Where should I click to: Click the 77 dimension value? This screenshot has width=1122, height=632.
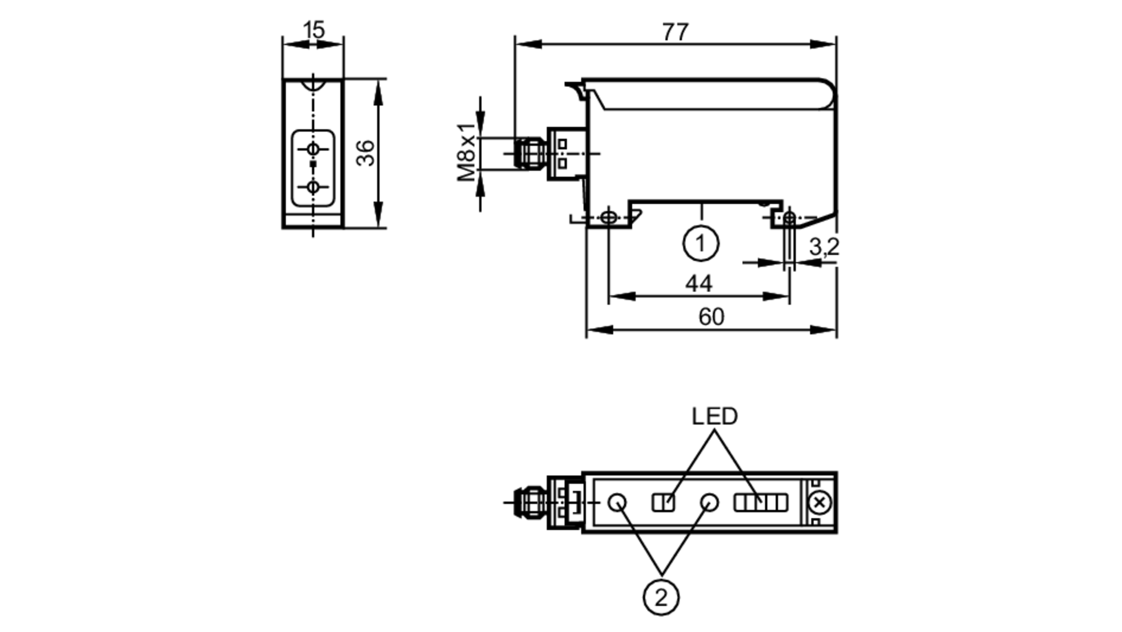675,33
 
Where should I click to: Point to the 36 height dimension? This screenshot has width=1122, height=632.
366,153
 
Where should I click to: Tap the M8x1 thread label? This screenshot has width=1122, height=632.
467,153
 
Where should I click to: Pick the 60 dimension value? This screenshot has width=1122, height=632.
711,317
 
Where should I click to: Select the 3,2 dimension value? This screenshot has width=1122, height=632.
823,247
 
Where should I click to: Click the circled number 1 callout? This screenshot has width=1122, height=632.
700,243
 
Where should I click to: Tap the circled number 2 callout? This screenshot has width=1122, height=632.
661,598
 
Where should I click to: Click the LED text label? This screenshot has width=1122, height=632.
714,417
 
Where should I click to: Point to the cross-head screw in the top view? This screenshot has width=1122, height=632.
819,503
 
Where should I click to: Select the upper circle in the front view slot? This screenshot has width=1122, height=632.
313,149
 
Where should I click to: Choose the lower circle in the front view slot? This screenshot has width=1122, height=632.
313,187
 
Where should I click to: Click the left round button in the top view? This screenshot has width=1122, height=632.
618,502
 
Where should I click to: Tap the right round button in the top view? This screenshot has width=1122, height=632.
710,502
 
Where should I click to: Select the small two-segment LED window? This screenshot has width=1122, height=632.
663,502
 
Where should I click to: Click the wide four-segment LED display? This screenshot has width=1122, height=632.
761,502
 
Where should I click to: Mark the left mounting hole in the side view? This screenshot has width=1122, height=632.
609,217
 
